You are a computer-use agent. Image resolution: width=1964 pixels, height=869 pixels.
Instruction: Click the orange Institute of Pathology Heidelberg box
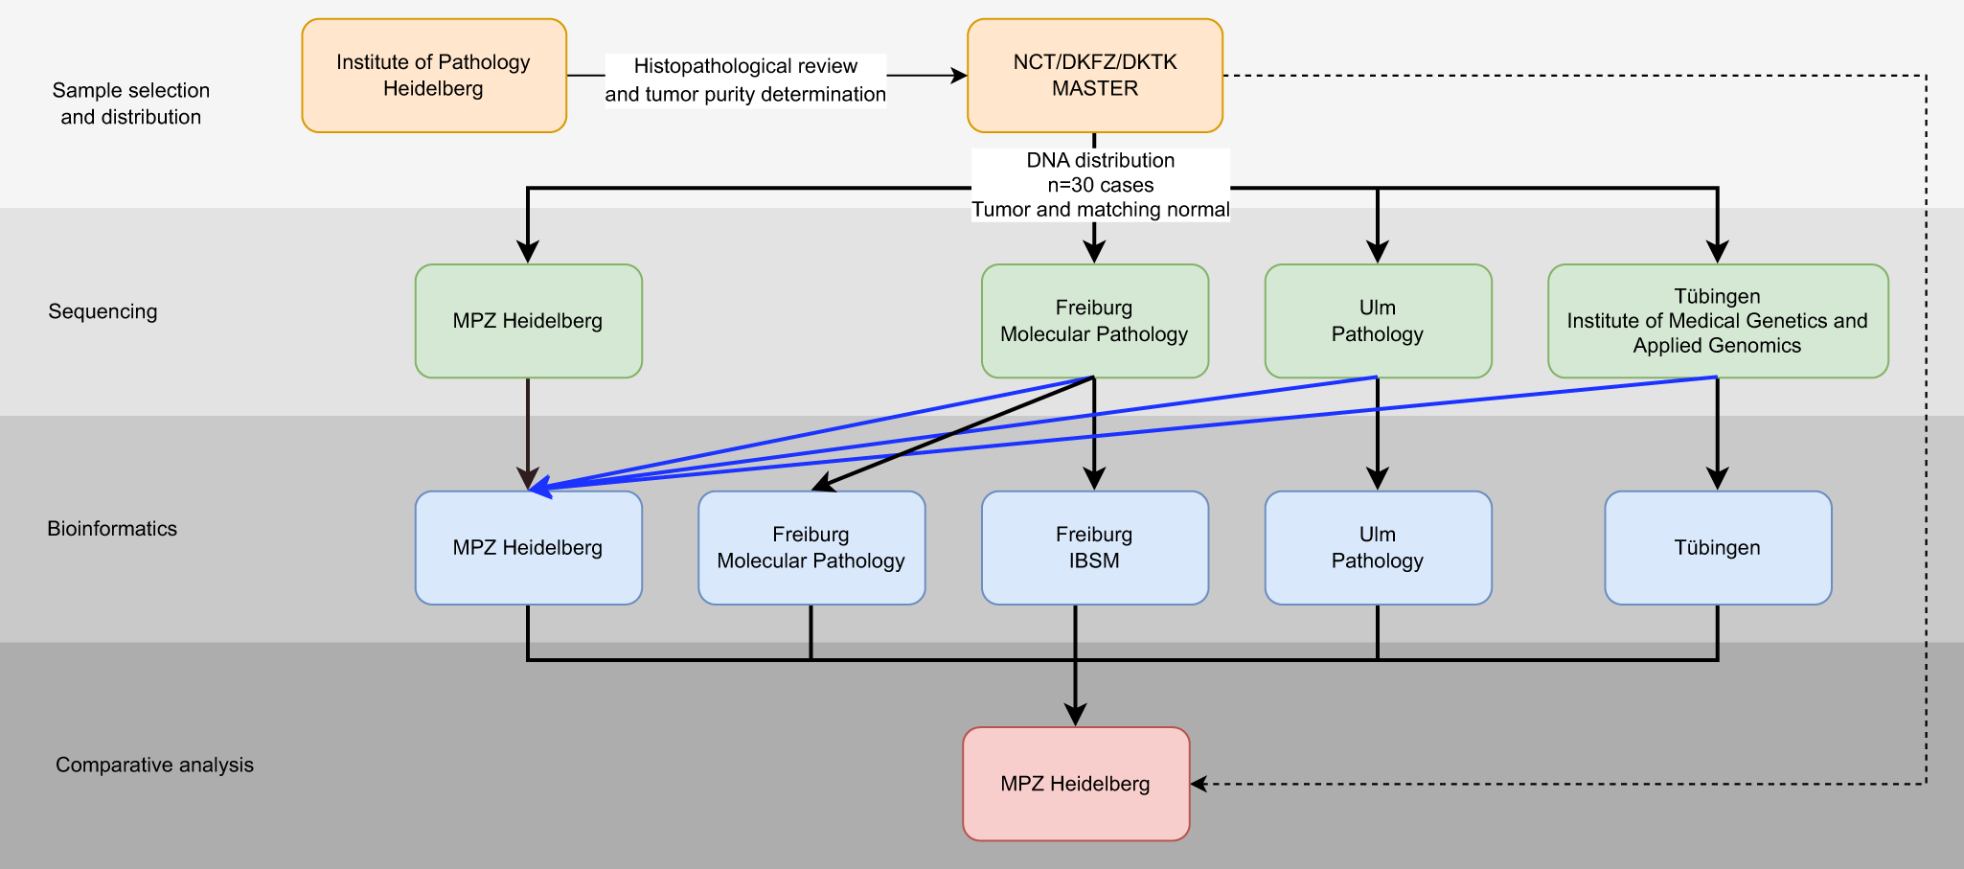coord(434,76)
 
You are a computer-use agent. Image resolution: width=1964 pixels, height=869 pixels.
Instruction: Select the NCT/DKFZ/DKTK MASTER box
coord(1094,76)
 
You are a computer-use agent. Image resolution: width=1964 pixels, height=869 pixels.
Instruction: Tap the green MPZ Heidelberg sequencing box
coord(528,321)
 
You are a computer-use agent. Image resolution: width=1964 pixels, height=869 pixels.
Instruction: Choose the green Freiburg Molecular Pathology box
coord(1094,321)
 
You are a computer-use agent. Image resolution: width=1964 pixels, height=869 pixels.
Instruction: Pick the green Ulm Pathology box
coord(1378,321)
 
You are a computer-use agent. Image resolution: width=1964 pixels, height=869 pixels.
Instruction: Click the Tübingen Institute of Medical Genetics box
coord(1717,321)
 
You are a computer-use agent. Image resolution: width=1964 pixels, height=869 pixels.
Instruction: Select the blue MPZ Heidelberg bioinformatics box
coord(528,548)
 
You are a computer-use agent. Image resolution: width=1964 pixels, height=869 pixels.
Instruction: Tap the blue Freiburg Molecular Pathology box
coord(811,548)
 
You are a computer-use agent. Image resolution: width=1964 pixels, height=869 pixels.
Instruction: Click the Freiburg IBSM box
coord(1094,548)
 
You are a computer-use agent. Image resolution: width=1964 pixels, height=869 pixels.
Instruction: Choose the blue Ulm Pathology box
coord(1378,548)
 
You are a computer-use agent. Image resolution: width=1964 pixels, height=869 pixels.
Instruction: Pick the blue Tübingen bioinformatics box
coord(1717,548)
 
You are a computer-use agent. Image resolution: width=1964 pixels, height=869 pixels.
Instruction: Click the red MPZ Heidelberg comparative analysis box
coord(1075,784)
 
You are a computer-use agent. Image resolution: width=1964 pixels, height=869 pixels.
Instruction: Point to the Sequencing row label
coord(103,311)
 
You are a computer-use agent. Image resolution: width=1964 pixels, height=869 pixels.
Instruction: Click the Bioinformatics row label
coord(112,529)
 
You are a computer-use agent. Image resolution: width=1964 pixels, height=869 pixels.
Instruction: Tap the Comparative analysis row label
coord(154,765)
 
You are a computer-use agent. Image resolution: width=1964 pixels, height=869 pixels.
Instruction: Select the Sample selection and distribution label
coord(130,103)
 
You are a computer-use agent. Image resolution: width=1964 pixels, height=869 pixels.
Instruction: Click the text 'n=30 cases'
coord(1100,185)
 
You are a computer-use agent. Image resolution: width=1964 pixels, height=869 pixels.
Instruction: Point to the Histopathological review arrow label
coord(745,80)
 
